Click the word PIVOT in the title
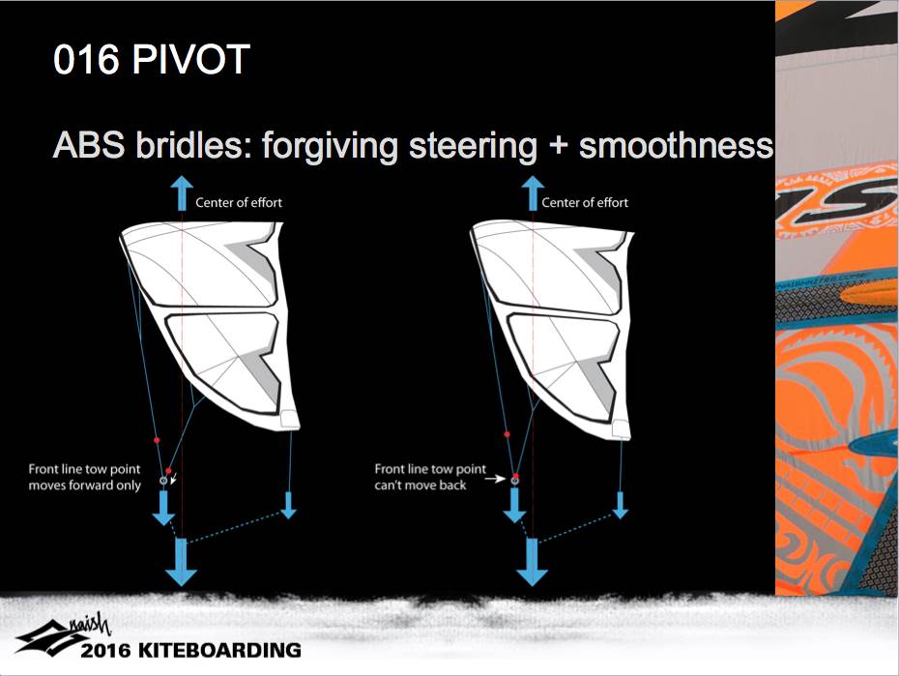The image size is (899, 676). (191, 58)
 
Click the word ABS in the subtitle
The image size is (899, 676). (88, 145)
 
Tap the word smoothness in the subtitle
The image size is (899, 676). (676, 145)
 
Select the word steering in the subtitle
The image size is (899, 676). (473, 148)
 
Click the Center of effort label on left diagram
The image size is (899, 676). (239, 202)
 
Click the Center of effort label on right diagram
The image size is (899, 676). (585, 202)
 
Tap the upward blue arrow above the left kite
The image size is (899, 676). (182, 193)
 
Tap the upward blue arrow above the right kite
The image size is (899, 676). (533, 193)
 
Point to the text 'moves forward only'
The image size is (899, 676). (85, 485)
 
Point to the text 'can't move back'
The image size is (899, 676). (420, 485)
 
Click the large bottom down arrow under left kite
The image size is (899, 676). (181, 562)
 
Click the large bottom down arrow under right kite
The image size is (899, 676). (532, 562)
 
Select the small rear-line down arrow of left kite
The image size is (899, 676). (288, 505)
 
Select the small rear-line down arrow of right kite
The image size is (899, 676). (620, 505)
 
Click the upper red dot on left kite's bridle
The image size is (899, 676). (157, 440)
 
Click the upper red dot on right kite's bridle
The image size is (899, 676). (507, 434)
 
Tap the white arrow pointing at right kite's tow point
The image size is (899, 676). (495, 479)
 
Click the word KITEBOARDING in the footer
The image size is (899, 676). (220, 650)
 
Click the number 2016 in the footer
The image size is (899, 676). (106, 650)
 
